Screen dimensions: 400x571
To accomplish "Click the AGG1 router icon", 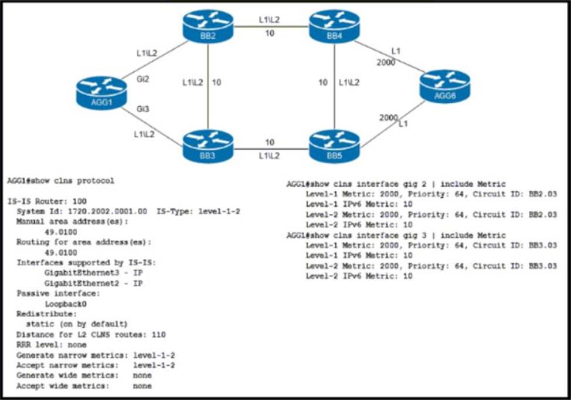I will (101, 93).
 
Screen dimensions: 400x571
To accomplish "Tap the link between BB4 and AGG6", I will (387, 56).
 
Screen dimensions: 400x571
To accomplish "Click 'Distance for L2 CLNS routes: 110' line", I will (91, 334).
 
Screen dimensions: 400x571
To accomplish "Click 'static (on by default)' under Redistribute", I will (77, 324).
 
